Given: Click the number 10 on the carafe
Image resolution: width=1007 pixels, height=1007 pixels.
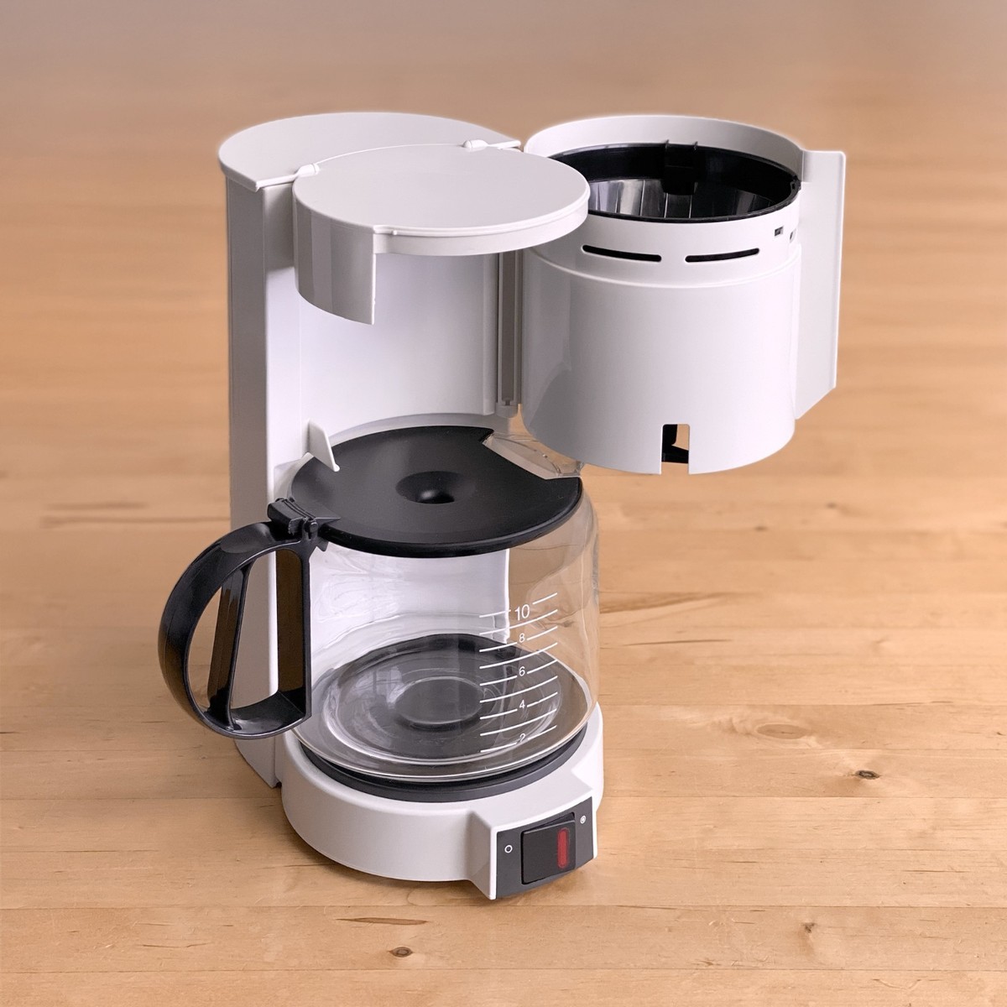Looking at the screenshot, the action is [521, 613].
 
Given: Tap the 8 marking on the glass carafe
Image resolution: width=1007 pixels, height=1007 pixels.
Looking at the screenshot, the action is [522, 638].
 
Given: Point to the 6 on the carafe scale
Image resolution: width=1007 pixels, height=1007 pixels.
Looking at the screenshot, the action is [521, 672].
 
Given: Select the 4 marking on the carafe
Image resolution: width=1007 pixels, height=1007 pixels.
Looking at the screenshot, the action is [521, 705].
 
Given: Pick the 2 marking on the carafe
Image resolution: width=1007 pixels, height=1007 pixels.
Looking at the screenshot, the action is [521, 738].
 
